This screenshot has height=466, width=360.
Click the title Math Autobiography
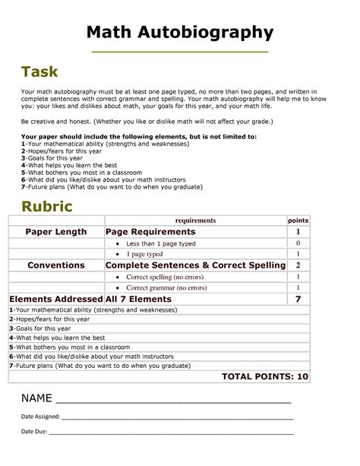click(179, 32)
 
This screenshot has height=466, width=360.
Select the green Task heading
click(39, 73)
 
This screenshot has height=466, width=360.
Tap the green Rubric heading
click(47, 205)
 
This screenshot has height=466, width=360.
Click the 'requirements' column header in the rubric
click(195, 220)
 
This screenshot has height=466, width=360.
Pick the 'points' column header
click(298, 220)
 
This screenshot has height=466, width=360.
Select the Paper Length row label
click(56, 232)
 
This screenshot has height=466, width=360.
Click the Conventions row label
click(55, 265)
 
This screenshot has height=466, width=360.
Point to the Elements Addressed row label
click(55, 300)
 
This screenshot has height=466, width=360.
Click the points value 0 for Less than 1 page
click(298, 243)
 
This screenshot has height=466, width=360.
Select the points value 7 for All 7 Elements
click(298, 300)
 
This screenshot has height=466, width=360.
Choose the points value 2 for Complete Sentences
click(298, 265)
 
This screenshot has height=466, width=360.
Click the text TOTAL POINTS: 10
click(264, 376)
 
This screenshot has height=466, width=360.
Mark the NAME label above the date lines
click(36, 398)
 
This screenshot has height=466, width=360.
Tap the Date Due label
click(33, 431)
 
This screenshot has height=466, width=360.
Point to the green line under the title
click(179, 51)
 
